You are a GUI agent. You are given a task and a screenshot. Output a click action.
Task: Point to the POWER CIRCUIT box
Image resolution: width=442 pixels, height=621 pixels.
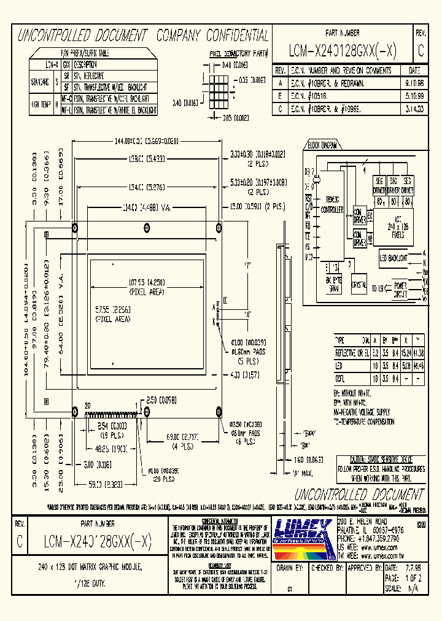coord(399,290)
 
